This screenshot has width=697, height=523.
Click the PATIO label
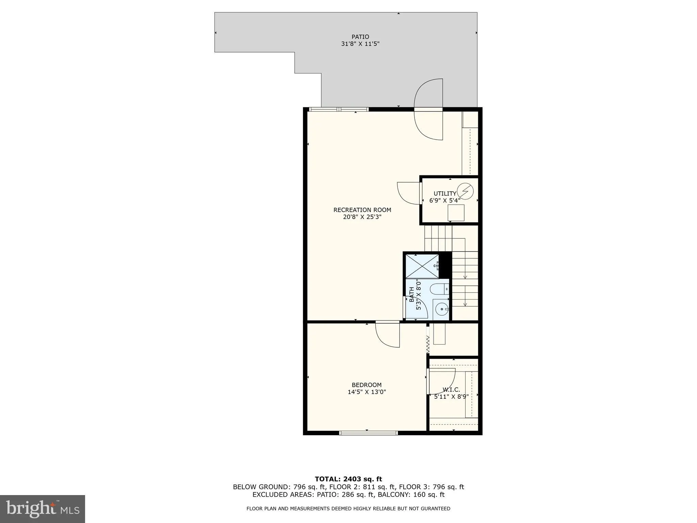point(360,37)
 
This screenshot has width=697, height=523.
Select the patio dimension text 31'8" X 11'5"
point(360,44)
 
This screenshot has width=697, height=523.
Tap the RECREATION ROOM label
point(362,210)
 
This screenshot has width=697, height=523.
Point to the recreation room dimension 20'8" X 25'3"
point(362,217)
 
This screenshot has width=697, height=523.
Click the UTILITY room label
point(444,194)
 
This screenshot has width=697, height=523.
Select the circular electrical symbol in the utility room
point(465,191)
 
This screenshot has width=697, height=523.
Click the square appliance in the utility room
point(456,213)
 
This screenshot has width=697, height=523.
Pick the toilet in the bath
point(439,289)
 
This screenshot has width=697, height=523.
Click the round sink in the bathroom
point(441,309)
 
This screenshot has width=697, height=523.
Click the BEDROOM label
point(367,385)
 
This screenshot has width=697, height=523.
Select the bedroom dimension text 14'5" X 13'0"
point(367,392)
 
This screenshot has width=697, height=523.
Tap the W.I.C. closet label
point(451,390)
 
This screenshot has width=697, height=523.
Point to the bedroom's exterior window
point(368,433)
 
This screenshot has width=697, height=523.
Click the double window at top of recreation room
point(339,109)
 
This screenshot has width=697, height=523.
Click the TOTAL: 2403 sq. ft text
point(348,479)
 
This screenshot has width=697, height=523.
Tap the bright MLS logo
point(43,509)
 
